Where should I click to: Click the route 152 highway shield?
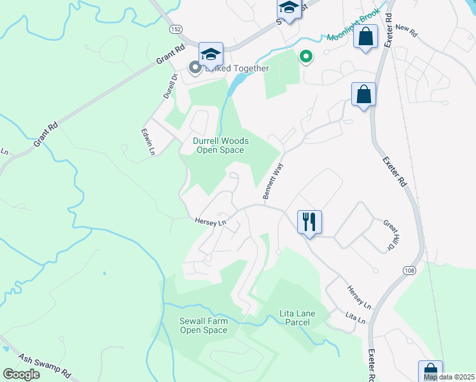pos(176,30)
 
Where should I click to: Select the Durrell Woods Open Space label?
pos(220,145)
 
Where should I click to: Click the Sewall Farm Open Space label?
pos(204,325)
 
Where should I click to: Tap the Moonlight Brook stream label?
pos(353,25)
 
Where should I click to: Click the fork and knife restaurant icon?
pos(309,223)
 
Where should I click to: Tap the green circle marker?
pos(306,57)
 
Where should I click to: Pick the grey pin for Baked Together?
pos(193,67)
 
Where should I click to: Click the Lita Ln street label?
pos(356,318)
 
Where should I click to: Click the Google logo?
pos(21,374)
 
